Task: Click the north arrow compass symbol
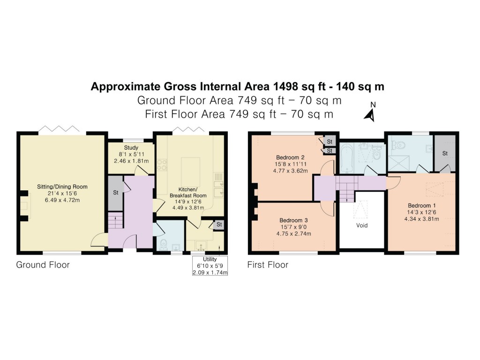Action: click(371, 113)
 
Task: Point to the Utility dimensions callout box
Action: click(210, 266)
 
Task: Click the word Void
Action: click(361, 225)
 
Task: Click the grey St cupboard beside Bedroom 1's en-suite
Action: click(445, 153)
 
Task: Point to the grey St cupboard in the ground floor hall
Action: click(115, 192)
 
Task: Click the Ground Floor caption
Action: click(43, 265)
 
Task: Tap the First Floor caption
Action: click(268, 265)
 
